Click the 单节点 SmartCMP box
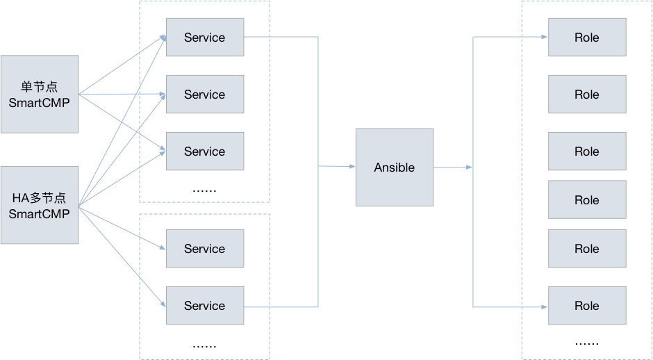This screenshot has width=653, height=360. [40, 95]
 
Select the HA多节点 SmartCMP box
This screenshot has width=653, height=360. [40, 205]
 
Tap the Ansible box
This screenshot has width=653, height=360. [395, 167]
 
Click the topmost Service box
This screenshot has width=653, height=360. [205, 38]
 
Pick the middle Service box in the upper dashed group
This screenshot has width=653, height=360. [205, 95]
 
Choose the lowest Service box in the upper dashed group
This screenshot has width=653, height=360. [205, 152]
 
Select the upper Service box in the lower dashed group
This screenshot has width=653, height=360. [205, 249]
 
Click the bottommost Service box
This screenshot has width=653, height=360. [205, 306]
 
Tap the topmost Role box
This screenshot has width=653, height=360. [587, 38]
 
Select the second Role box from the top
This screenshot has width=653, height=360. [587, 95]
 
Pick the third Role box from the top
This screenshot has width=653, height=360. [587, 152]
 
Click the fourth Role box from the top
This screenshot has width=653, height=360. [587, 200]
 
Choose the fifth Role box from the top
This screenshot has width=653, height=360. [587, 249]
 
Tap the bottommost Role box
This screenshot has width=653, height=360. [587, 306]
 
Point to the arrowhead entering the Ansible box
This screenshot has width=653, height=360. [352, 167]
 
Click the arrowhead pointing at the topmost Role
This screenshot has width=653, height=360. [544, 38]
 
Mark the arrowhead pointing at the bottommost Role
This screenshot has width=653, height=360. [544, 306]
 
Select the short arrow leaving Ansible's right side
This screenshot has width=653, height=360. [453, 167]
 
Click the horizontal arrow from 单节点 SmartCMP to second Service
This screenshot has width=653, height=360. [122, 94]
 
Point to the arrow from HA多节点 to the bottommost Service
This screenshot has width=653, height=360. [122, 255]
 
